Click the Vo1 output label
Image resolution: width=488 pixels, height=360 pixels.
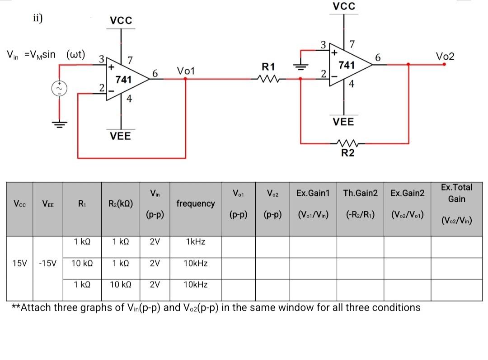pos(186,71)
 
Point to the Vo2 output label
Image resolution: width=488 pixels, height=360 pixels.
pos(445,57)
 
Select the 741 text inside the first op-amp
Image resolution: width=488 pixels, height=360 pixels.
pos(123,80)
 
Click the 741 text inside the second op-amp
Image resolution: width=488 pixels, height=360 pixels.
pos(346,65)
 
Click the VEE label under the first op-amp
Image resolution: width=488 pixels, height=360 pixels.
pos(121,136)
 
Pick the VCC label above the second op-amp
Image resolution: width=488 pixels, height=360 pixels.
pos(344,6)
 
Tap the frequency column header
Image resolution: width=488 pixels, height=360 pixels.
pos(196,204)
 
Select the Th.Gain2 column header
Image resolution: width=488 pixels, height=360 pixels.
pos(360,194)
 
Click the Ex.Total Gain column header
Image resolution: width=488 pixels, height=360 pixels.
pos(457,193)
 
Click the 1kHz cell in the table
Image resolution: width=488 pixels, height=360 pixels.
pos(196,242)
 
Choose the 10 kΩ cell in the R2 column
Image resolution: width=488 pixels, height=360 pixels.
pos(121,284)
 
